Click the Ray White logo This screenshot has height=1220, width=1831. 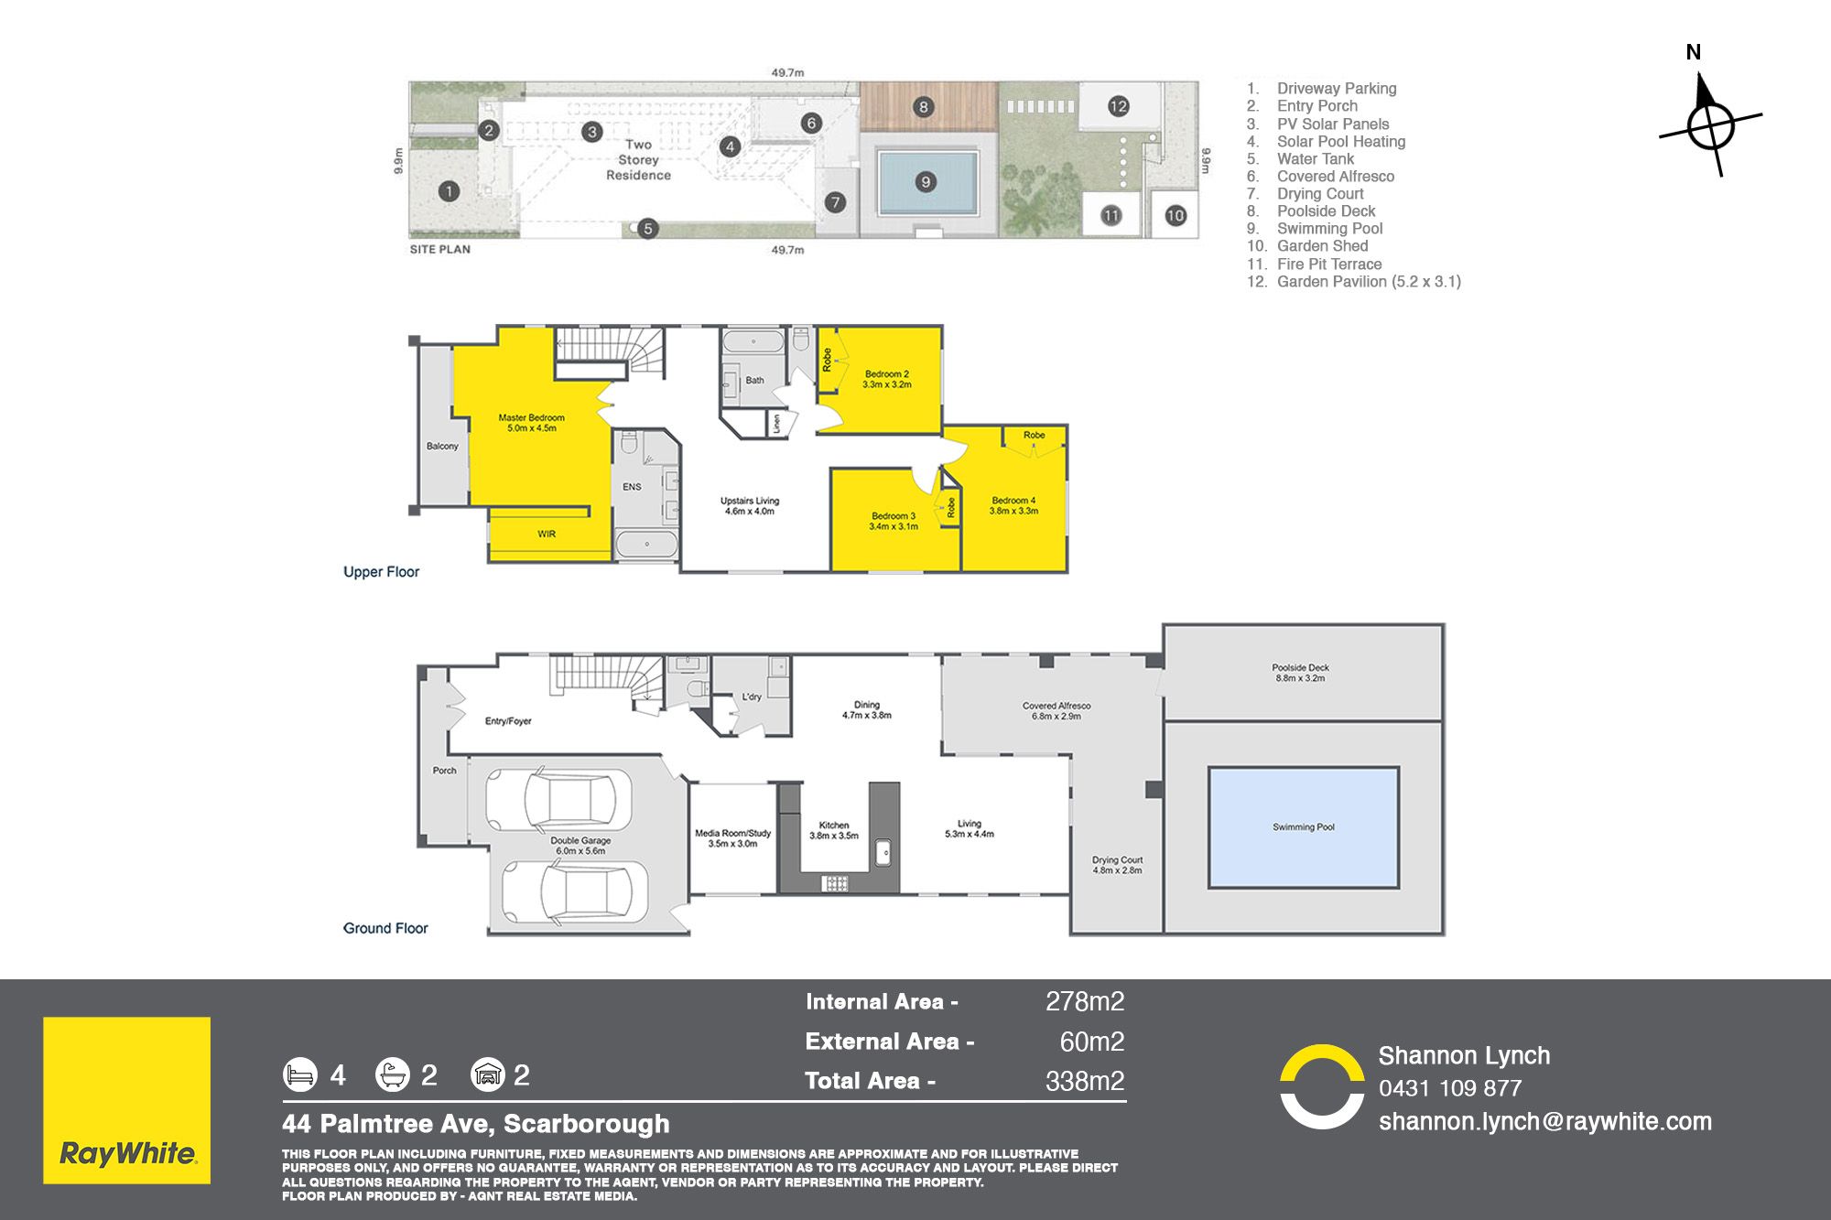(x=126, y=1100)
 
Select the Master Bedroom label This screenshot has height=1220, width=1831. (x=531, y=423)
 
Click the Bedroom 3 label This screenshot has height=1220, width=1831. (x=894, y=521)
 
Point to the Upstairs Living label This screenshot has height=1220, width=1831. (x=750, y=506)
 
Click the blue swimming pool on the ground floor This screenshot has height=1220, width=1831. (x=1304, y=827)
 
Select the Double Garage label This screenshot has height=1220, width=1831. (x=580, y=846)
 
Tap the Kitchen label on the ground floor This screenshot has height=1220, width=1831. (x=834, y=830)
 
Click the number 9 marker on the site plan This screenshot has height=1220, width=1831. (x=926, y=182)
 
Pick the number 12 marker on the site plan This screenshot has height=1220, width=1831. (x=1118, y=106)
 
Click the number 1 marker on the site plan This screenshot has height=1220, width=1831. (x=449, y=191)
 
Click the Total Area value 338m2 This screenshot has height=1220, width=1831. (x=1085, y=1081)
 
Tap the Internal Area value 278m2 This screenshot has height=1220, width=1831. (x=1085, y=1001)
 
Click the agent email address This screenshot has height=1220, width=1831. (x=1545, y=1121)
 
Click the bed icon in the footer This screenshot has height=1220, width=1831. (x=299, y=1074)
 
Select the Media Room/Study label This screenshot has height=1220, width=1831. (x=732, y=838)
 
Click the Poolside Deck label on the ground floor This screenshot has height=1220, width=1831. (x=1300, y=673)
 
